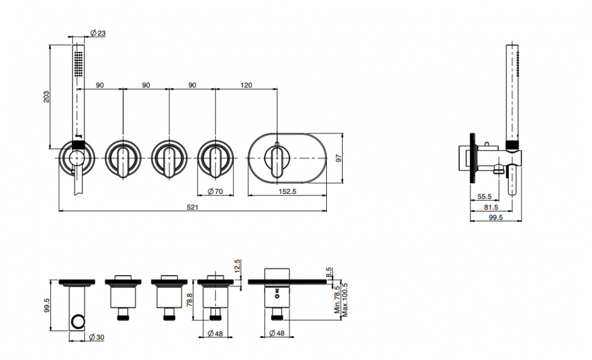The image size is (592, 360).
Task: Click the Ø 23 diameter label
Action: click(98, 33)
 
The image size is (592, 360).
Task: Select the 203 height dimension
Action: click(46, 96)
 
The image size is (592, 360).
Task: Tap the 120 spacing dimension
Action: click(246, 86)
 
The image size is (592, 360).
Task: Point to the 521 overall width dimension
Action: click(192, 207)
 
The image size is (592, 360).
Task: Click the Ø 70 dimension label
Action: click(215, 191)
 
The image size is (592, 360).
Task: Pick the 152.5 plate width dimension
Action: click(287, 191)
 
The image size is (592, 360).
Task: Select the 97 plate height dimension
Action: click(339, 158)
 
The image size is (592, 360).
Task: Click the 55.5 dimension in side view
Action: click(484, 196)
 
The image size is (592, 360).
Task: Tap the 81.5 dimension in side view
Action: click(491, 207)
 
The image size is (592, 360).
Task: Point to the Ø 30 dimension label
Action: click(96, 337)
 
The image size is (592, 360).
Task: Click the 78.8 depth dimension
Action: click(190, 300)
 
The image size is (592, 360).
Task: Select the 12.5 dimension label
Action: click(237, 266)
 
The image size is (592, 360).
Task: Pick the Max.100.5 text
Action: click(344, 300)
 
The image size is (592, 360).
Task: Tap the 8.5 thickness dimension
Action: click(329, 273)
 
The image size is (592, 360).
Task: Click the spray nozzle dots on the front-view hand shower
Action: click(79, 64)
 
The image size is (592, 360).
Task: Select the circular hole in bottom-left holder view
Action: click(77, 321)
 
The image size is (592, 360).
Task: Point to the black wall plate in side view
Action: click(472, 158)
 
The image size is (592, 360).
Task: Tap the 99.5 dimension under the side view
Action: click(496, 218)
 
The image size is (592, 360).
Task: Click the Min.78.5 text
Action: click(337, 300)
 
